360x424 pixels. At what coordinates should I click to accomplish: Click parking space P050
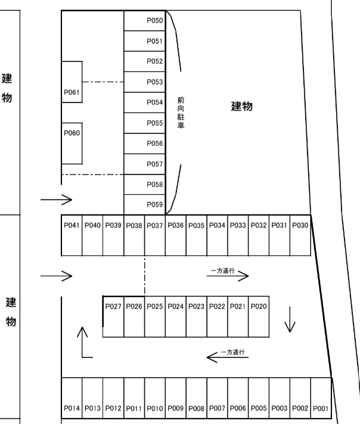145,21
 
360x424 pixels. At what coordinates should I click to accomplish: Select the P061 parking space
72,82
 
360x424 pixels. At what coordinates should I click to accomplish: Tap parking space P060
72,144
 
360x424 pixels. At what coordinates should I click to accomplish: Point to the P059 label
155,204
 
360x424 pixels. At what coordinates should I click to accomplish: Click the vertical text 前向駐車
181,113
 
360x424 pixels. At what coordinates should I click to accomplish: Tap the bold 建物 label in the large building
242,106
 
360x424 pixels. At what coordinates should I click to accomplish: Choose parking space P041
72,235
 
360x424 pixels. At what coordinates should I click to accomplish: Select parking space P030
300,235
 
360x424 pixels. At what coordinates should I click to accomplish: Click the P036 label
176,225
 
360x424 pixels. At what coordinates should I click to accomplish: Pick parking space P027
113,317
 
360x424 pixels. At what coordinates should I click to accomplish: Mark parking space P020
259,317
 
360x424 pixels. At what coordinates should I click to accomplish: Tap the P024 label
176,306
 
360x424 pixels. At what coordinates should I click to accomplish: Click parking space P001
321,398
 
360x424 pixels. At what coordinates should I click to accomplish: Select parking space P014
72,398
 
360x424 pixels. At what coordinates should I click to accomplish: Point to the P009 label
176,408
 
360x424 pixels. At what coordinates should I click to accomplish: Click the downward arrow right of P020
290,319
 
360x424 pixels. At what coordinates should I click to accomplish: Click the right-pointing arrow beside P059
56,200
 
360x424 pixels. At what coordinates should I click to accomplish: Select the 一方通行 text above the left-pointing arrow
233,352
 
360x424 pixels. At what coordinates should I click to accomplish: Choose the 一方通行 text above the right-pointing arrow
222,271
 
